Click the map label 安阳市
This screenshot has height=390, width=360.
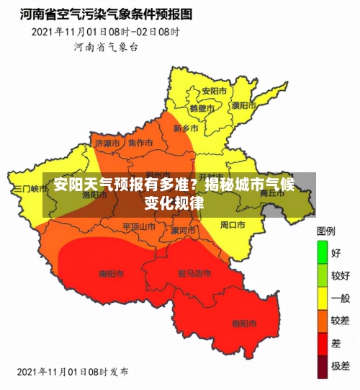(214, 92)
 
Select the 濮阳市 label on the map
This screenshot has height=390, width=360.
(243, 105)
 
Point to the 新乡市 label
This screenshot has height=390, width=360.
(186, 128)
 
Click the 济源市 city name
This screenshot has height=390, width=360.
(107, 143)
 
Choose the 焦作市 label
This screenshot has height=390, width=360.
(141, 142)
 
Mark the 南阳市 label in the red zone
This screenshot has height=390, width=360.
(111, 274)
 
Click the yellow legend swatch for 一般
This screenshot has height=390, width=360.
(322, 298)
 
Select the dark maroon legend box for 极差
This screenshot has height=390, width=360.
(322, 365)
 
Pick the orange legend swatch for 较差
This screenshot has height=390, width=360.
(322, 320)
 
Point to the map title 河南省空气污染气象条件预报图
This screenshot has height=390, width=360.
(106, 14)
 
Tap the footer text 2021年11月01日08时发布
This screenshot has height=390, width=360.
(72, 372)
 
